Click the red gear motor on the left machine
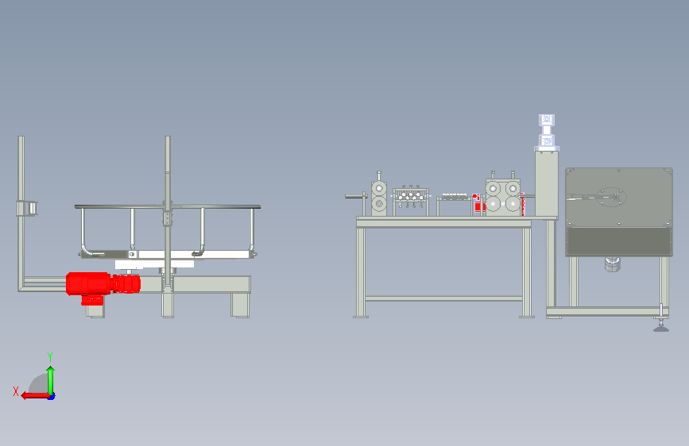point(103,286)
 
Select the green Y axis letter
point(50,356)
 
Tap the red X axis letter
point(16,391)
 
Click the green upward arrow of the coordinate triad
point(51,380)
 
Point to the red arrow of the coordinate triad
point(35,396)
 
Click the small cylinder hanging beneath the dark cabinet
point(613,264)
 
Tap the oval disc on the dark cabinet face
point(611,197)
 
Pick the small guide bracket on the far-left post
point(27,208)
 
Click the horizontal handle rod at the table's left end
point(356,196)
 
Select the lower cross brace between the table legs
point(443,298)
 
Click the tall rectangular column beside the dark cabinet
point(547,184)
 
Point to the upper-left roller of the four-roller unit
point(493,189)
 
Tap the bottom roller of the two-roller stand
point(379,204)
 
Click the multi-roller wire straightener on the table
point(411,200)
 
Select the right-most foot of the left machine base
point(240,305)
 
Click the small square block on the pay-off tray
point(132,254)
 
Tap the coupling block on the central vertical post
point(168,218)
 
